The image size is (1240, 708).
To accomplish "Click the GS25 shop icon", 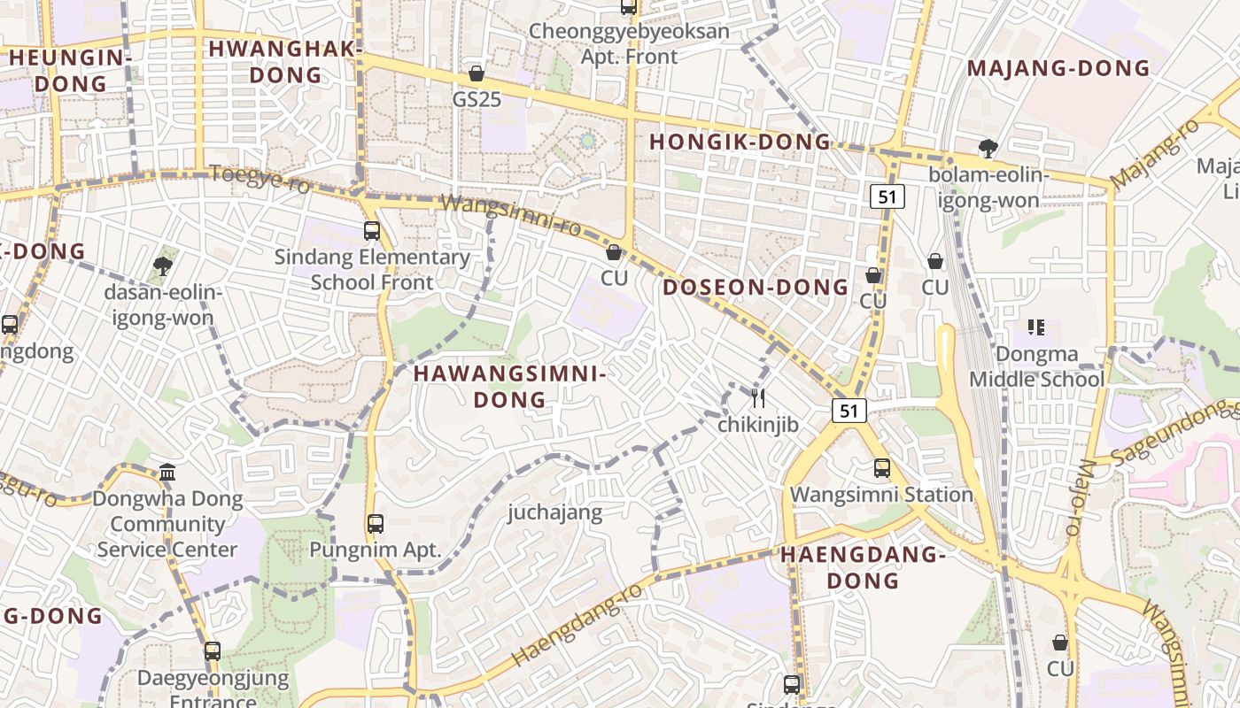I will [x=477, y=73].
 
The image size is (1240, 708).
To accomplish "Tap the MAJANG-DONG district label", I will [x=1058, y=68].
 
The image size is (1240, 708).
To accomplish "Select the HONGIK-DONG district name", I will [x=740, y=142].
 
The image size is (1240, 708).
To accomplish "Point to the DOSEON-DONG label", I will [x=756, y=287].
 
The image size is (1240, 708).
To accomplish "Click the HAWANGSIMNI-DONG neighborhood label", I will [x=509, y=387].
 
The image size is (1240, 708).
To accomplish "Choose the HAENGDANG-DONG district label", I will [x=864, y=567].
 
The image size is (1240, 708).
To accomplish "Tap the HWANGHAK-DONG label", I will [x=285, y=61].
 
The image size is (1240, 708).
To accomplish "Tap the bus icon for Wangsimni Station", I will [x=882, y=468].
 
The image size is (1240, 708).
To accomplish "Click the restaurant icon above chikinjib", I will [x=757, y=397].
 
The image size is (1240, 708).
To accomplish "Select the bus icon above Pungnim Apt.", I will [x=376, y=523].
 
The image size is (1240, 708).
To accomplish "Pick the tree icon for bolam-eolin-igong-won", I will [x=988, y=148].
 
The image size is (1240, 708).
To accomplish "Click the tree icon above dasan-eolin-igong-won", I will [x=162, y=265].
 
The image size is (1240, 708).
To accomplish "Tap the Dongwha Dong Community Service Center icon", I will [x=167, y=472].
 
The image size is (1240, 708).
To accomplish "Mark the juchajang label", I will [x=554, y=512].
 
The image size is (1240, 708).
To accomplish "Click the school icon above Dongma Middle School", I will [x=1036, y=327].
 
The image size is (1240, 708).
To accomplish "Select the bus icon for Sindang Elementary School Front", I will [x=372, y=231].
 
